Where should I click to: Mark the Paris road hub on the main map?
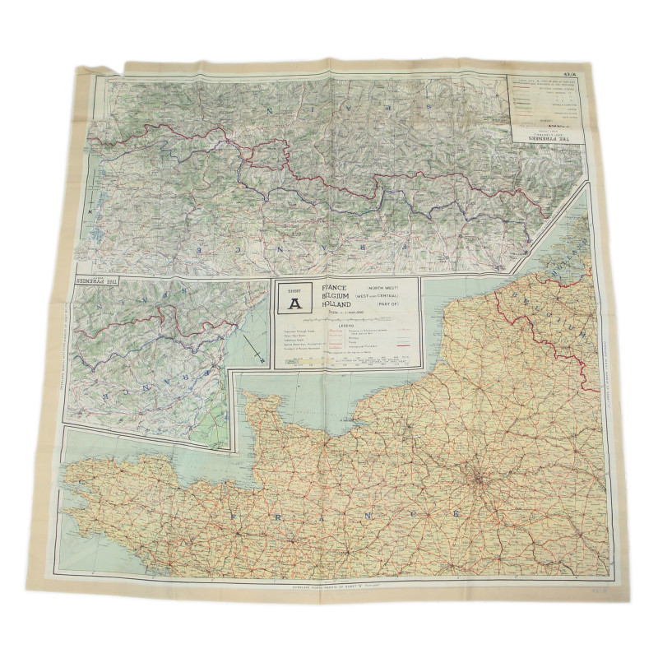coord(475,477)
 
